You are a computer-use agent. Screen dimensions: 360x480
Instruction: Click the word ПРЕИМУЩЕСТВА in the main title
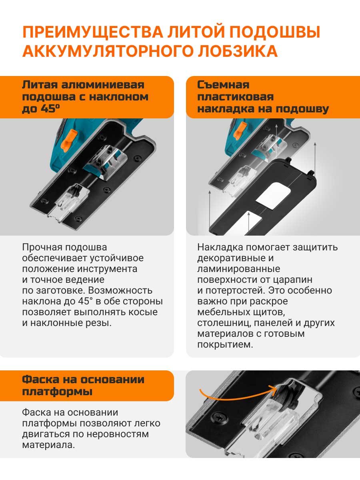[93, 32]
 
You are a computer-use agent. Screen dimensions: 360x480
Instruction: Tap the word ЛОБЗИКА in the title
[238, 51]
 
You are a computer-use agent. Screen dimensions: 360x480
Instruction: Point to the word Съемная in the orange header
[223, 85]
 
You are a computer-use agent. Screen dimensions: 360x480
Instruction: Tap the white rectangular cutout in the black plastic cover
[274, 196]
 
